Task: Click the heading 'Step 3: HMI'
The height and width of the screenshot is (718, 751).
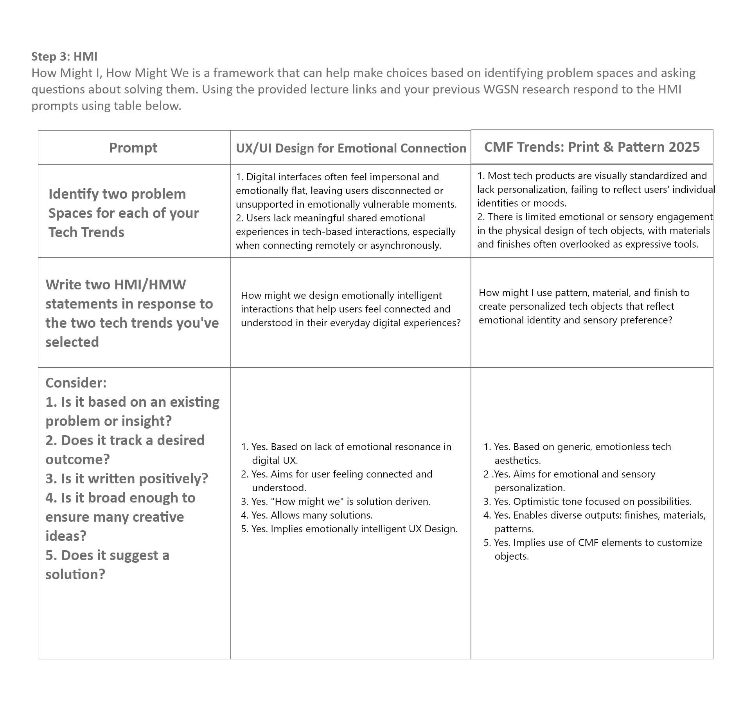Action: (64, 56)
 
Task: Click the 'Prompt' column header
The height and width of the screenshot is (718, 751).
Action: (133, 147)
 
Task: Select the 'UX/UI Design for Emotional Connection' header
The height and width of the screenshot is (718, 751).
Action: (351, 148)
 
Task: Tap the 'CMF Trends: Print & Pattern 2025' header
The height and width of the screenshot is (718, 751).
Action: (591, 147)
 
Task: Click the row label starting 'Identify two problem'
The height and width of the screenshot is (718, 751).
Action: (123, 213)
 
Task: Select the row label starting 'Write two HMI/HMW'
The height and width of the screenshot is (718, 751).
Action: (132, 313)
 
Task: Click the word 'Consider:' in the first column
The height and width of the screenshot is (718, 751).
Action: (76, 382)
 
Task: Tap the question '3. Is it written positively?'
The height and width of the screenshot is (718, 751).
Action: (127, 478)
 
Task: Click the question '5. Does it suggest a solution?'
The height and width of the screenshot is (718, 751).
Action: (107, 564)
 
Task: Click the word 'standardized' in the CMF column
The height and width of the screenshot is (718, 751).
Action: (657, 176)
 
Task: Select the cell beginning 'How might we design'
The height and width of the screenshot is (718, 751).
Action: (350, 309)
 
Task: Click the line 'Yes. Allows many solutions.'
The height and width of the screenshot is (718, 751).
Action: (311, 515)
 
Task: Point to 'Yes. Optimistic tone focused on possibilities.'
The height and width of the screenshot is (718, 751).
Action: (592, 501)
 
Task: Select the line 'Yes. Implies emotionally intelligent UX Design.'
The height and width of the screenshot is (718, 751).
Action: (354, 529)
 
